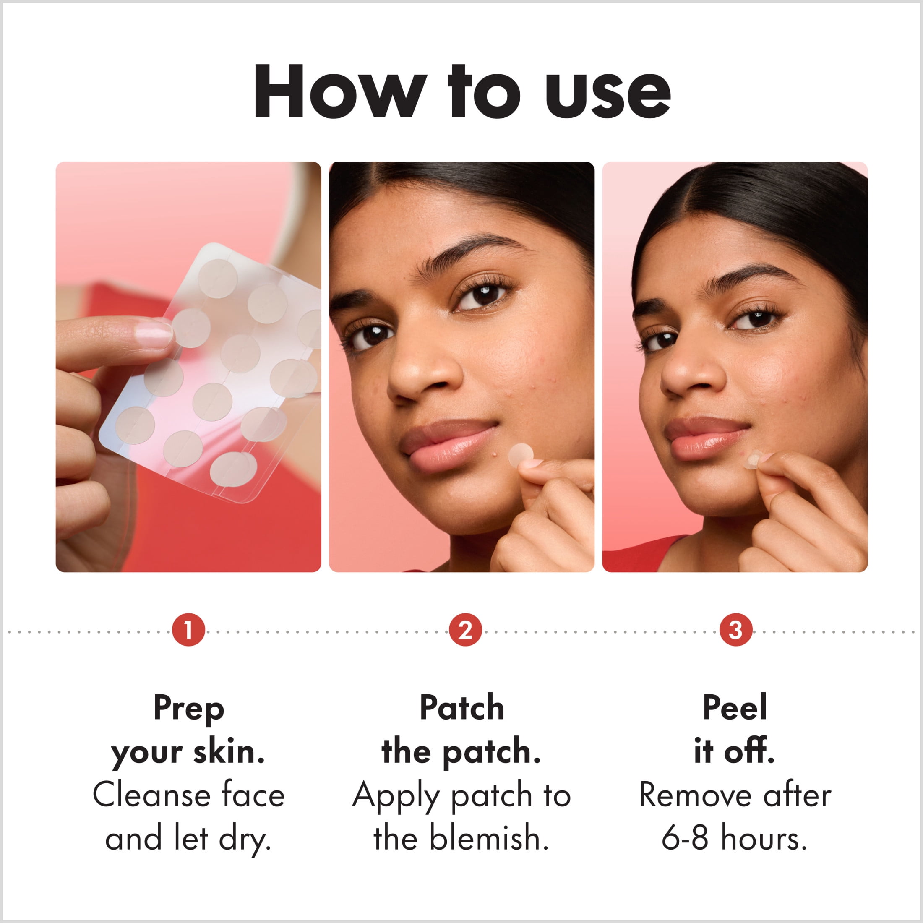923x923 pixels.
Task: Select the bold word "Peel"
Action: [735, 707]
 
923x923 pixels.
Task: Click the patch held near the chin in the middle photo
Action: [521, 455]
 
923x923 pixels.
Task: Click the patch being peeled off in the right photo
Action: [752, 459]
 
